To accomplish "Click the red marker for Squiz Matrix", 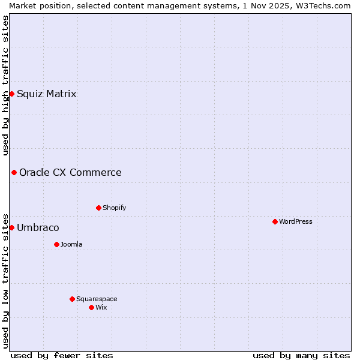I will [x=11, y=94].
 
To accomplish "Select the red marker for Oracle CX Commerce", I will [x=14, y=172].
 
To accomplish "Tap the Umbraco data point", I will [x=11, y=227].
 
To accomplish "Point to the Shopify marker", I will [x=98, y=208].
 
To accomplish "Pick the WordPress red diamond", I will [x=275, y=221].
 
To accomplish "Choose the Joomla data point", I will [x=56, y=244].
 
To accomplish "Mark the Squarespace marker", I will [x=72, y=299].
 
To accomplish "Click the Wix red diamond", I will [x=91, y=307].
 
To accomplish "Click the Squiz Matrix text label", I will [x=46, y=94].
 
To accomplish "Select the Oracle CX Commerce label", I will [x=70, y=173].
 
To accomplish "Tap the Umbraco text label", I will [x=38, y=228].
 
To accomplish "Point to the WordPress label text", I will [x=296, y=221].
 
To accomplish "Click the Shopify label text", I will [x=114, y=208].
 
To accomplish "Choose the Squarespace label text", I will [x=97, y=299].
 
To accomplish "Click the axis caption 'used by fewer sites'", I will [x=62, y=355].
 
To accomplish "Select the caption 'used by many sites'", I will [x=301, y=355].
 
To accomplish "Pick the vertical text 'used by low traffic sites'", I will [x=5, y=280].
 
